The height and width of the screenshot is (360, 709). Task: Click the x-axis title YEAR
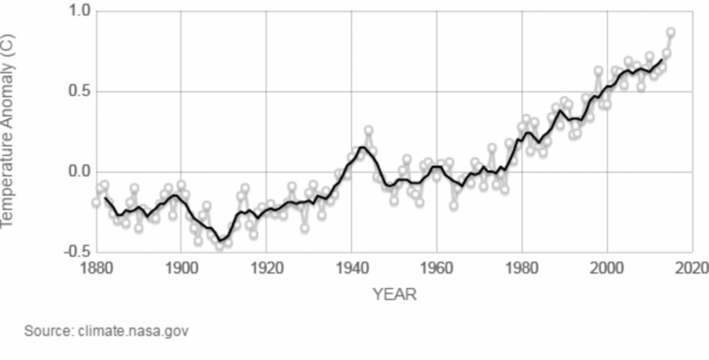[x=393, y=293]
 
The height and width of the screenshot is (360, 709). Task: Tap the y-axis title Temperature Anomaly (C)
[x=11, y=133]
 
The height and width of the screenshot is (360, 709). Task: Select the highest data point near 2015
[x=671, y=33]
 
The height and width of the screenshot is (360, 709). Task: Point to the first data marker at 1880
[x=97, y=202]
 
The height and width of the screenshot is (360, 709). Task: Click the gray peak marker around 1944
[x=369, y=130]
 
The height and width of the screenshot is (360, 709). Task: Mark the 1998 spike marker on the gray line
[x=598, y=70]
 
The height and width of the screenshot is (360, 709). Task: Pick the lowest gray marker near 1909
[x=220, y=246]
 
